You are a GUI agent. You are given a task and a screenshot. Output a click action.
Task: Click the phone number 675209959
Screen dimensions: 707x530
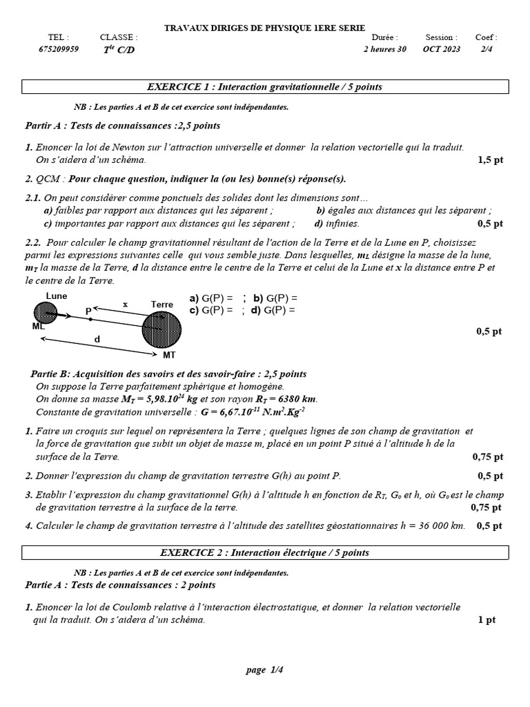pos(59,49)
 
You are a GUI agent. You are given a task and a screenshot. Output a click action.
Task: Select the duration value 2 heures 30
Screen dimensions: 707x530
pos(385,49)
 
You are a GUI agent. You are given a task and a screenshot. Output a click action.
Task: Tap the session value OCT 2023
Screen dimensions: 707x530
pos(441,49)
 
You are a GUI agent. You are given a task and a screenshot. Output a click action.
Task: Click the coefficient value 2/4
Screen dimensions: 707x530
pos(487,49)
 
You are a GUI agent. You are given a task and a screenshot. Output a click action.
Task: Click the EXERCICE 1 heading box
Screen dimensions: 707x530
pos(265,87)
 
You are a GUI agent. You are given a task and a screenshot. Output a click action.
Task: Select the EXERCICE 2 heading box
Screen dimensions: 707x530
pos(265,552)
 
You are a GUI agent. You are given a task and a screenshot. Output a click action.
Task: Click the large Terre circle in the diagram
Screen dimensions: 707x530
pos(162,330)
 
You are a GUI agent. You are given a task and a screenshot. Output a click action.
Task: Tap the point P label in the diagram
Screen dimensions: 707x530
pos(88,312)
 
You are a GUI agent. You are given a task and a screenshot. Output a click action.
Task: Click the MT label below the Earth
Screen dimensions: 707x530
pos(169,355)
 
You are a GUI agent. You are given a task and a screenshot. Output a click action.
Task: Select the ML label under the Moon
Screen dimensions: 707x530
pos(38,327)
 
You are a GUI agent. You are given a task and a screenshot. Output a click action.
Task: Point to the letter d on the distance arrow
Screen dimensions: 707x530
pos(97,339)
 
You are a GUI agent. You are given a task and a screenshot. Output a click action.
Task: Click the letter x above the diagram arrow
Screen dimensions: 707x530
pos(125,304)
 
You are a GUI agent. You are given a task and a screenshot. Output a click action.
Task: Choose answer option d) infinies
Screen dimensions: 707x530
pos(337,224)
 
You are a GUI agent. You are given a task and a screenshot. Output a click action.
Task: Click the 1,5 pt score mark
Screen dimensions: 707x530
pos(490,159)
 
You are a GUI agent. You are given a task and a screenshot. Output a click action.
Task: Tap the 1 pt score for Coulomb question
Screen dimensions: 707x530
pos(487,620)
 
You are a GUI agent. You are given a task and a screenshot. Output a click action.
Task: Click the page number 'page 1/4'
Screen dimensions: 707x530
pos(265,670)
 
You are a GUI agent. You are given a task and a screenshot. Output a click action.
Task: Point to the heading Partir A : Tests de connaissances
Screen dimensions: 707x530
pos(123,126)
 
